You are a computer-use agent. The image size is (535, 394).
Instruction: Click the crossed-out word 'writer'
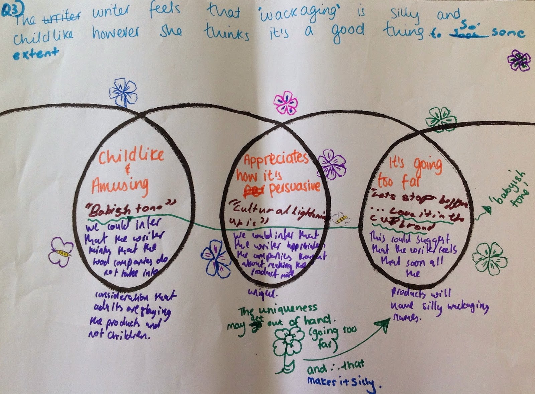(x=62, y=17)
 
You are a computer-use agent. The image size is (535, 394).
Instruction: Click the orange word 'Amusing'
(x=120, y=185)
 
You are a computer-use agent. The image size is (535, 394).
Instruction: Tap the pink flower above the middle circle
(x=285, y=103)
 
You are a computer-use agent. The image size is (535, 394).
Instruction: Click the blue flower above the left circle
(x=123, y=92)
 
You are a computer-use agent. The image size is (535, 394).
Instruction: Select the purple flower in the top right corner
(x=519, y=60)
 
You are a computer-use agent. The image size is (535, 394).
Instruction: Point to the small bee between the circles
(x=341, y=219)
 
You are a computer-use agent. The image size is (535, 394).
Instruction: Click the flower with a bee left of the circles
(x=61, y=252)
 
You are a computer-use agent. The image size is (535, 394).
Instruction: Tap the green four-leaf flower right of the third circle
(x=489, y=259)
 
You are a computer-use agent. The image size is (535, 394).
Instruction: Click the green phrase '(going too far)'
(x=329, y=337)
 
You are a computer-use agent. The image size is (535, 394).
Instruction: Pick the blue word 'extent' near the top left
(x=35, y=53)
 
